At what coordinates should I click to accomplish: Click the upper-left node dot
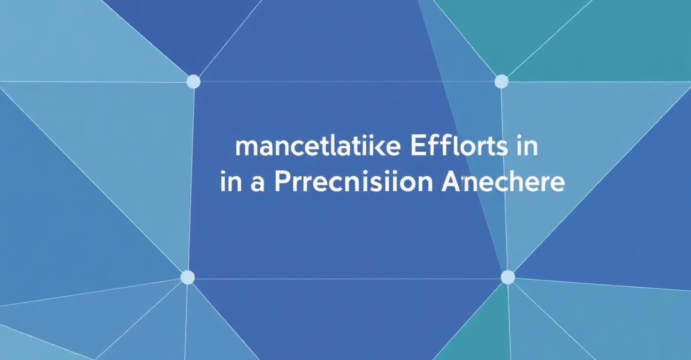(193, 82)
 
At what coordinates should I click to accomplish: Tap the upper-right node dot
(501, 81)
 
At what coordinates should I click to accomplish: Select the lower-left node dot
(188, 277)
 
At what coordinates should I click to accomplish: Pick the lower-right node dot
(507, 277)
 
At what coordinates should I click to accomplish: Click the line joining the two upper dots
(348, 82)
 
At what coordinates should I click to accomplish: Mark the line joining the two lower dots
(348, 278)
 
